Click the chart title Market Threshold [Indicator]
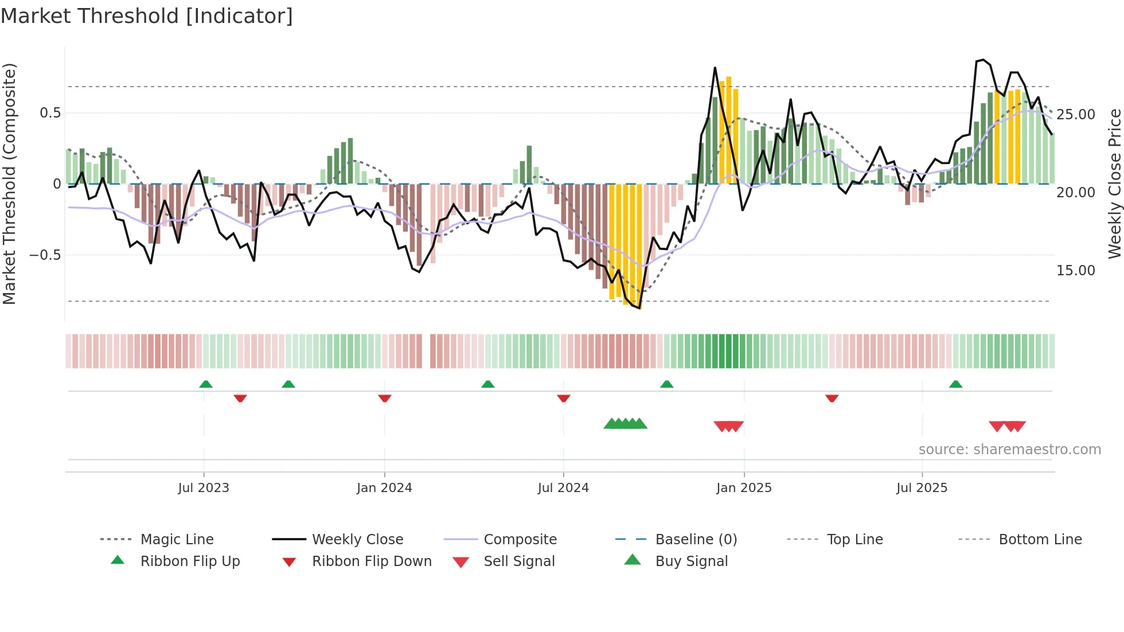click(x=147, y=16)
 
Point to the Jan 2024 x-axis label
click(x=384, y=487)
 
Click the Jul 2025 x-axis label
click(x=922, y=487)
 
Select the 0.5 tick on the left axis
click(x=50, y=113)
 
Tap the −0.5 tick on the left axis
click(x=45, y=255)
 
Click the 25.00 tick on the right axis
click(x=1075, y=114)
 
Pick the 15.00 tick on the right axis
click(x=1075, y=270)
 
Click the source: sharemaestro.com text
click(x=1009, y=449)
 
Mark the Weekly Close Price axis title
click(x=1114, y=184)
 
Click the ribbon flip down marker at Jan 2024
click(x=385, y=398)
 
